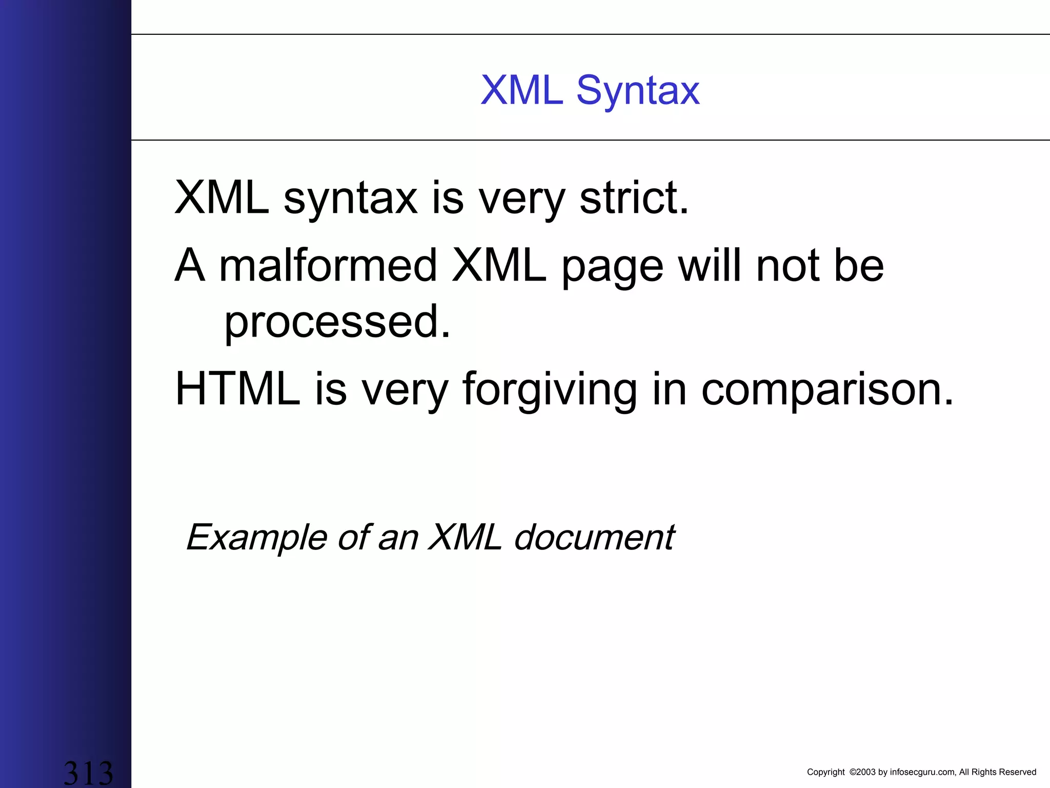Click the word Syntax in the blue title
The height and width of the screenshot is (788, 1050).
638,91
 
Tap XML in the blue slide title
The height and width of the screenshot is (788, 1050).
522,90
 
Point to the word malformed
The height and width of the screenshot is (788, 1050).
328,266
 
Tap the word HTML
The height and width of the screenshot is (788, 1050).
237,389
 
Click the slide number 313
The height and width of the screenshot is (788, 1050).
88,773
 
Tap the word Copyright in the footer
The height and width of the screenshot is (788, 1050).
825,772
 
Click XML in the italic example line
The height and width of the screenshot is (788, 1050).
465,538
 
